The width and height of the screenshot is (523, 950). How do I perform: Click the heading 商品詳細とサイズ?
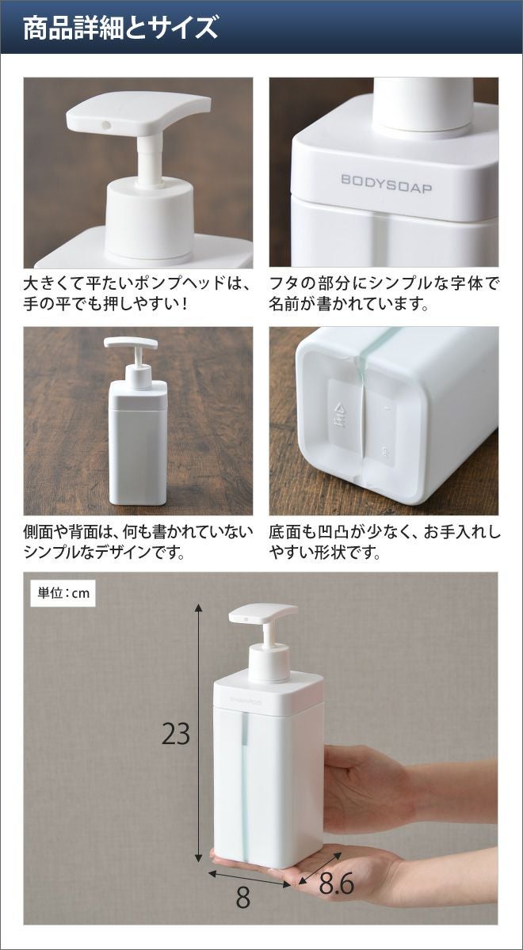[x=120, y=28]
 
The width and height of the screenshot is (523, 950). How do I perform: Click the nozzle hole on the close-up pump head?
[x=106, y=125]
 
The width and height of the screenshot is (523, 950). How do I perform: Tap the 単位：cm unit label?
[x=63, y=592]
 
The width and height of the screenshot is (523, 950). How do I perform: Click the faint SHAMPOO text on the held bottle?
[x=246, y=702]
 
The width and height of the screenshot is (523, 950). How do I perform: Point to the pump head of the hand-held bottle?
[x=263, y=614]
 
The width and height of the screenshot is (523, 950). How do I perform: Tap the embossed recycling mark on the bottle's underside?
[x=340, y=416]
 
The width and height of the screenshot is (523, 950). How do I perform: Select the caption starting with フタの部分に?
[x=383, y=294]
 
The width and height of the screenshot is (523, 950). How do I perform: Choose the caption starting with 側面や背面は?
[x=139, y=541]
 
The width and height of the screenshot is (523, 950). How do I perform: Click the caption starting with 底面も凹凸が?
[x=384, y=541]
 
